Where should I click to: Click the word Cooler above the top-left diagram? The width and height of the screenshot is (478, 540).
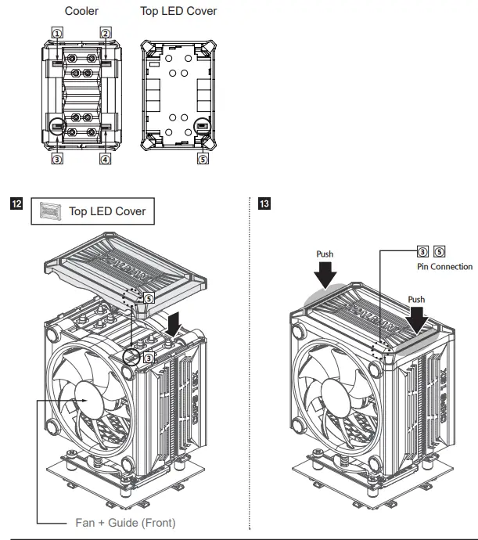tap(81, 12)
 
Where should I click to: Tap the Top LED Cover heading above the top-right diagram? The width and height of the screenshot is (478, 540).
tap(178, 12)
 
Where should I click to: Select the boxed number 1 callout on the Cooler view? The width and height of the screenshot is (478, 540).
tap(57, 31)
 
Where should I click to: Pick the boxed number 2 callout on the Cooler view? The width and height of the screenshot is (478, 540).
tap(104, 31)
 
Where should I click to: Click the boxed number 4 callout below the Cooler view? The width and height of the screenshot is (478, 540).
tap(104, 159)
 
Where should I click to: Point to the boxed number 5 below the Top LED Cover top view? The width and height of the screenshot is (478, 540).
tap(202, 159)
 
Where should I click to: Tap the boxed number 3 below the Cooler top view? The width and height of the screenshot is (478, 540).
tap(57, 159)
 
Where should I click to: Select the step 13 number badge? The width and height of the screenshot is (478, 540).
tap(264, 205)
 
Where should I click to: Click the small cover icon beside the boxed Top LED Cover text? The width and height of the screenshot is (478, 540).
tap(49, 211)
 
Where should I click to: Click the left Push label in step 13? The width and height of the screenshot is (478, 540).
tap(325, 254)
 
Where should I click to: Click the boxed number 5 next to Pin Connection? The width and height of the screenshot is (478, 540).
tap(438, 252)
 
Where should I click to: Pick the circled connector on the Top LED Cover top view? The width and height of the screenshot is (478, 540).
tap(202, 127)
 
